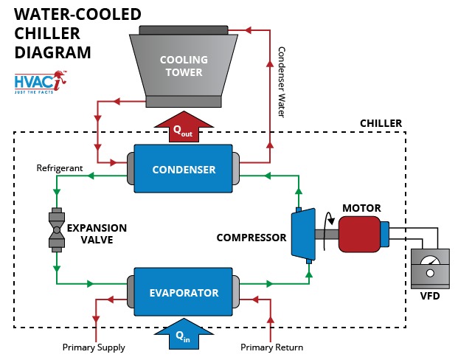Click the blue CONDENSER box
click(184, 170)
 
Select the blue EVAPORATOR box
click(184, 293)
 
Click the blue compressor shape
click(302, 235)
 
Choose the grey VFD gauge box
click(429, 268)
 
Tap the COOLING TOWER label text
click(184, 66)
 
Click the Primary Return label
click(272, 347)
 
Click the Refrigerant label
click(60, 168)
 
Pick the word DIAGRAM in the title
click(53, 53)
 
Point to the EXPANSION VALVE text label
click(97, 233)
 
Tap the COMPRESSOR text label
click(251, 238)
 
